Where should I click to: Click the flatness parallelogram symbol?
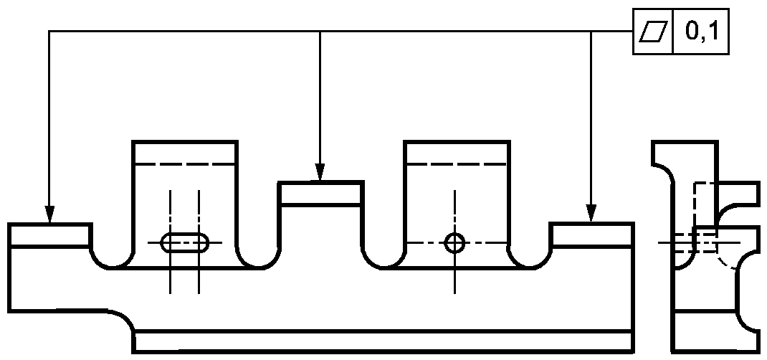[x=654, y=32]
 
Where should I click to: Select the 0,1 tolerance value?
[x=702, y=31]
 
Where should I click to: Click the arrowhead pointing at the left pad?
[x=49, y=214]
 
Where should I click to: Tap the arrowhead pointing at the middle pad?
[x=320, y=171]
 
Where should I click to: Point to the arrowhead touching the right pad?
[x=591, y=213]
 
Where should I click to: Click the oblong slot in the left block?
[x=184, y=242]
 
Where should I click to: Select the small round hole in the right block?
[x=455, y=242]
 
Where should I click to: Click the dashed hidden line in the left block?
[x=184, y=164]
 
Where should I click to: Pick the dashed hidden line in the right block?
[x=456, y=164]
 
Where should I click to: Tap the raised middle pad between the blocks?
[x=321, y=194]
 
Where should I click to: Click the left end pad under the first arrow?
[x=49, y=235]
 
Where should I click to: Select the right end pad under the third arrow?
[x=592, y=235]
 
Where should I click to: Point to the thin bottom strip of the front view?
[x=383, y=341]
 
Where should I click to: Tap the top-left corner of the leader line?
[x=49, y=32]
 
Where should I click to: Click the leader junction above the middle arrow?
[x=320, y=32]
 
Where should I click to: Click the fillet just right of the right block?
[x=530, y=259]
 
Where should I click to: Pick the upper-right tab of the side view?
[x=738, y=194]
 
